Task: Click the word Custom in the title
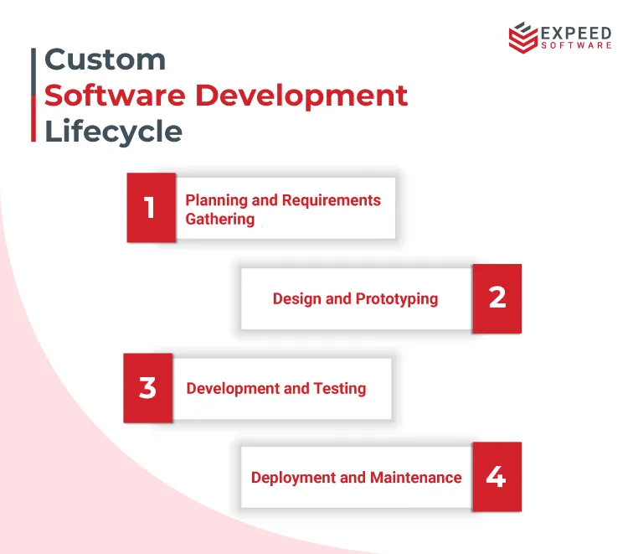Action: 105,60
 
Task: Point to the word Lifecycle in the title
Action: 113,132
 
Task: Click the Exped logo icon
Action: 523,38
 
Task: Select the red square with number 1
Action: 151,208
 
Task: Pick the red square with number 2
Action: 497,298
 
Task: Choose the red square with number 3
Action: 148,387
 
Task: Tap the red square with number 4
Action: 497,477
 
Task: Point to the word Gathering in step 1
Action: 219,219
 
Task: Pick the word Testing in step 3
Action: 339,388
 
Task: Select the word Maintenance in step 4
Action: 417,478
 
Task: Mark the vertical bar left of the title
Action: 33,95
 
